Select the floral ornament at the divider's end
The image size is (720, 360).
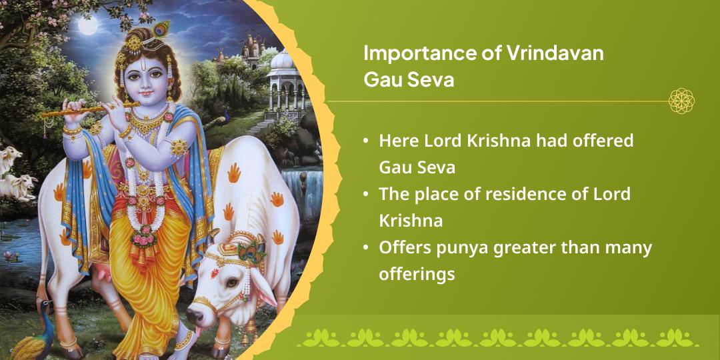[681, 101]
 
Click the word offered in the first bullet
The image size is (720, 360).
[599, 141]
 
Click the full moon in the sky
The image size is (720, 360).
[88, 26]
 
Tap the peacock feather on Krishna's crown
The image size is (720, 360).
[161, 28]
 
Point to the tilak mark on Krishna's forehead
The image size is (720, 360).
[142, 63]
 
